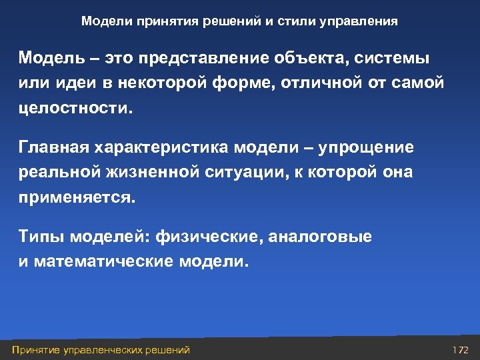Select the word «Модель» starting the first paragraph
[x=49, y=58]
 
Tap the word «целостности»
[x=73, y=108]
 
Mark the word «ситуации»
[x=245, y=173]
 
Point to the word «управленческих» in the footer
[x=106, y=349]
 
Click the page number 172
[x=460, y=349]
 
